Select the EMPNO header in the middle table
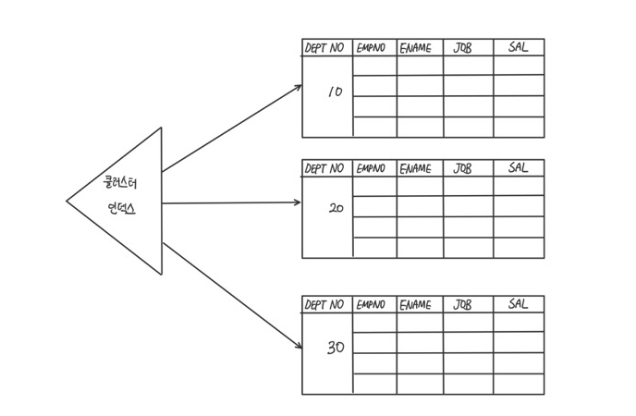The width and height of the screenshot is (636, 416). click(x=374, y=169)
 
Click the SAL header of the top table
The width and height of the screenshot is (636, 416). click(x=519, y=47)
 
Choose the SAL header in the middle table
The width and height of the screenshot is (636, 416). click(x=519, y=168)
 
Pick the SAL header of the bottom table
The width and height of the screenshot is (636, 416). click(x=519, y=304)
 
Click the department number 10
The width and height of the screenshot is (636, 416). click(x=335, y=92)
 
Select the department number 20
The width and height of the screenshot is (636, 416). click(x=336, y=209)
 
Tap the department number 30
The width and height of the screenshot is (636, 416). click(x=336, y=348)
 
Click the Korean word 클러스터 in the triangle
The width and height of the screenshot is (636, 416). click(x=120, y=183)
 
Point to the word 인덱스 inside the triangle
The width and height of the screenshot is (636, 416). click(x=121, y=209)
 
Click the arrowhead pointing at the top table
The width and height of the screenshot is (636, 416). click(x=299, y=87)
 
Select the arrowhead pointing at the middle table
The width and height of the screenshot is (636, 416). click(x=298, y=202)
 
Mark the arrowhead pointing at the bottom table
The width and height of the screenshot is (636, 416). click(x=299, y=346)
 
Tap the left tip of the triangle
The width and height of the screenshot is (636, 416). click(x=67, y=201)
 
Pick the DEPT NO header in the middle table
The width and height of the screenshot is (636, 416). click(x=324, y=169)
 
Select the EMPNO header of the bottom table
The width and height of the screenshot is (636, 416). click(x=374, y=305)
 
